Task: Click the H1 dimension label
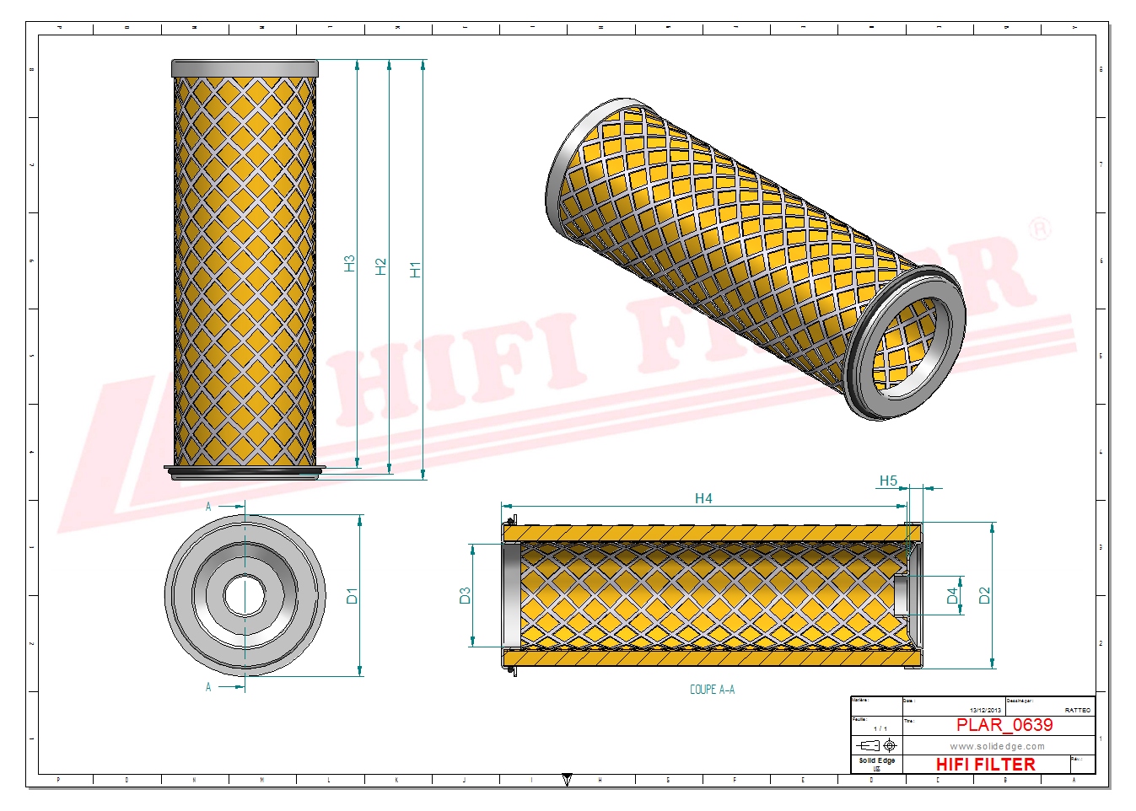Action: tap(415, 270)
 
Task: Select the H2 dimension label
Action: tap(381, 267)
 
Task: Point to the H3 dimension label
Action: tap(349, 264)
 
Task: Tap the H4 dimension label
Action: tap(703, 498)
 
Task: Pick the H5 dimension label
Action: tap(888, 481)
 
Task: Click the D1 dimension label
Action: tap(352, 595)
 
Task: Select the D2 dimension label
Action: tap(984, 595)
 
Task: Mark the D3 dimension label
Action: tap(465, 596)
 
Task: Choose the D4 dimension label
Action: tap(953, 595)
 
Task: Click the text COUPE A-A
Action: tap(712, 690)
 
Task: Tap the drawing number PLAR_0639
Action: tap(1004, 725)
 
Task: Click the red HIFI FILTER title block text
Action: tap(985, 765)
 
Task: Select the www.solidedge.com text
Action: tap(997, 746)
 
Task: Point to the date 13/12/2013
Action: tap(985, 711)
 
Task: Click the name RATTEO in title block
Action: tap(1077, 711)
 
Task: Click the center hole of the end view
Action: tap(245, 595)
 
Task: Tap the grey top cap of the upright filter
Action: tap(245, 68)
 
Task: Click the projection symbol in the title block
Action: tap(876, 745)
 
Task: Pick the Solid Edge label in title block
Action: tap(876, 760)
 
